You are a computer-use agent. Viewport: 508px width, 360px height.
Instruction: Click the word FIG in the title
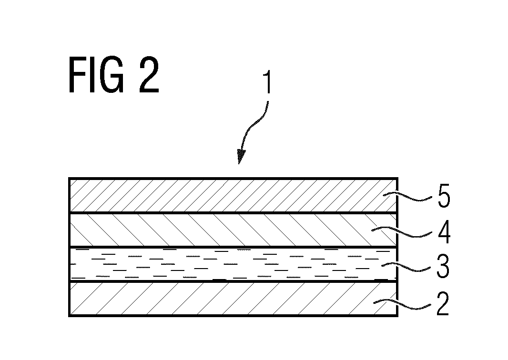(x=96, y=75)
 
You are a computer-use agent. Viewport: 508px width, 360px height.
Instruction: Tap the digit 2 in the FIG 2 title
(x=149, y=75)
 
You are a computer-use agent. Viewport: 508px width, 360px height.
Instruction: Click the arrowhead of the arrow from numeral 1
(x=241, y=156)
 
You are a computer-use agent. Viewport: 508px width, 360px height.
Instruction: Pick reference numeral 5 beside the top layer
(x=444, y=196)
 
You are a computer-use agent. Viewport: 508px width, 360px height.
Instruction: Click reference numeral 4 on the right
(x=444, y=232)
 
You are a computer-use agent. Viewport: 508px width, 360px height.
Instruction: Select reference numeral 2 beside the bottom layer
(x=443, y=304)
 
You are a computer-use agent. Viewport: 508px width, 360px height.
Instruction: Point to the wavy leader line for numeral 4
(x=402, y=233)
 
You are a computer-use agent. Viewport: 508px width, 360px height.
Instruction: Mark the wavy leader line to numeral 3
(x=406, y=268)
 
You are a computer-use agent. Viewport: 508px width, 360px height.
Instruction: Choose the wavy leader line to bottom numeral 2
(x=402, y=305)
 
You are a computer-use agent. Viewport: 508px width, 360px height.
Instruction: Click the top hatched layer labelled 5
(x=233, y=195)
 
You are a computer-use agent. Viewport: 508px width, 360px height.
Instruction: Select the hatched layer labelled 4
(x=233, y=230)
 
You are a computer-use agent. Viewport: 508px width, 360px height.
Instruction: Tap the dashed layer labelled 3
(x=233, y=264)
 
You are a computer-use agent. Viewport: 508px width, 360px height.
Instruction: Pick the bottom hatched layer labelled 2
(x=233, y=299)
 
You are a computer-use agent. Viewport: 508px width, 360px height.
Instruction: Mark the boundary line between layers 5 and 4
(x=233, y=213)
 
